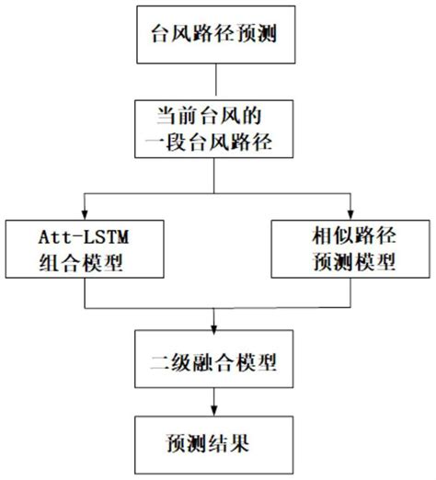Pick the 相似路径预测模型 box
[x=349, y=249]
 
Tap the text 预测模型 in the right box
[x=349, y=263]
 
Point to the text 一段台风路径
[x=212, y=144]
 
